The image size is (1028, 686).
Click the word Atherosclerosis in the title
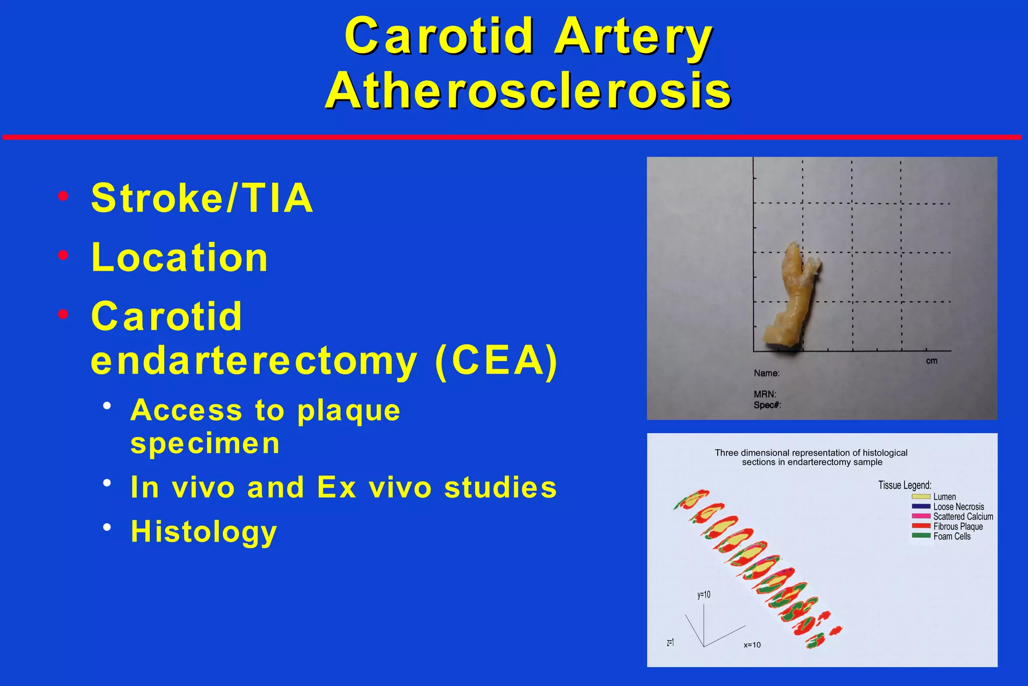pyautogui.click(x=528, y=91)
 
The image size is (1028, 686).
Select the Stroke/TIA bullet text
pyautogui.click(x=202, y=198)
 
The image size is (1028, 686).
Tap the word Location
pyautogui.click(x=179, y=257)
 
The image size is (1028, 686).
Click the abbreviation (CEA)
pyautogui.click(x=496, y=360)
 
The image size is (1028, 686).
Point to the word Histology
pyautogui.click(x=204, y=531)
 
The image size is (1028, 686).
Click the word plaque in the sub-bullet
pyautogui.click(x=349, y=411)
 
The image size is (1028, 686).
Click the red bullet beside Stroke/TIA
pyautogui.click(x=63, y=196)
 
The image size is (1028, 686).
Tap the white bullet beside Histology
pyautogui.click(x=107, y=527)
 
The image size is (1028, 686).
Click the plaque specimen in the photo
pyautogui.click(x=791, y=296)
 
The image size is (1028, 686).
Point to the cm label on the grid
pyautogui.click(x=932, y=361)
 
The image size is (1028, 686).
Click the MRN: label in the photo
pyautogui.click(x=765, y=394)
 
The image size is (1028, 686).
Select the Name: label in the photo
pyautogui.click(x=766, y=373)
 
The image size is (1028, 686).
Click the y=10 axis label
pyautogui.click(x=704, y=595)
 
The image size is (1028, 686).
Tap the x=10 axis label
pyautogui.click(x=752, y=645)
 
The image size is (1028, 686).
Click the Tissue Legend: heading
pyautogui.click(x=905, y=485)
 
